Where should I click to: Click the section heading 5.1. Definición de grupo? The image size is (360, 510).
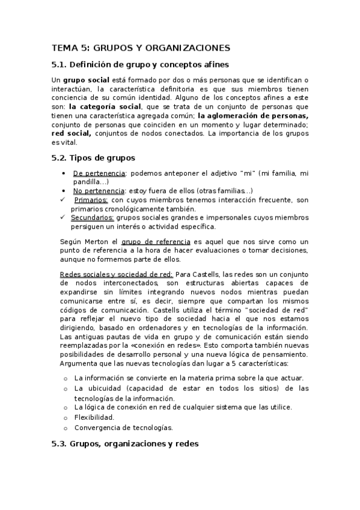point(139,64)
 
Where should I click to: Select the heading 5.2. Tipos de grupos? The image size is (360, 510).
point(93,158)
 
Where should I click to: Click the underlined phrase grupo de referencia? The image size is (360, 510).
point(156,241)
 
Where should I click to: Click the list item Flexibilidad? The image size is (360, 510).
point(94,417)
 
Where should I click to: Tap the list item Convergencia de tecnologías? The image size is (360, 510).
point(123,428)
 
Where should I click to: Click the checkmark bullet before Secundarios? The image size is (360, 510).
point(64,218)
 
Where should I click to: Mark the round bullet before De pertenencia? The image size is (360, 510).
point(64,173)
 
